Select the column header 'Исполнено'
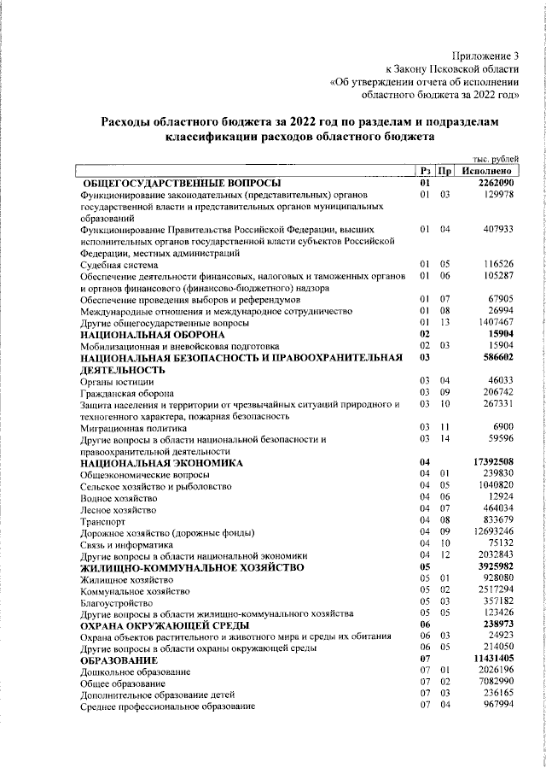pyautogui.click(x=486, y=171)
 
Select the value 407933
pyautogui.click(x=497, y=230)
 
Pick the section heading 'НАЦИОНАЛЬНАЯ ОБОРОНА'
pyautogui.click(x=140, y=334)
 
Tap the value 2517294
pyautogui.click(x=495, y=590)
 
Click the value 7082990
pyautogui.click(x=495, y=683)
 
